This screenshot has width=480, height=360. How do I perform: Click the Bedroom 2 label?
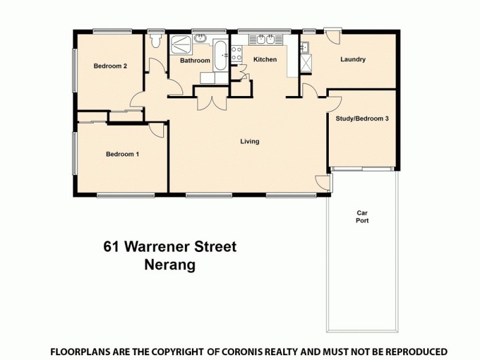[110, 67]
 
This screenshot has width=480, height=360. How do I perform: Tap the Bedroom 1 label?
[122, 154]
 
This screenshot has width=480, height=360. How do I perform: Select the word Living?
[250, 142]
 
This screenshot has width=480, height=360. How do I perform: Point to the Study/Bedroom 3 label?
[362, 119]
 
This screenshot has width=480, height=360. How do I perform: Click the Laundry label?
[353, 59]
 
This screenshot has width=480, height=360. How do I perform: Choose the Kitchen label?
[265, 59]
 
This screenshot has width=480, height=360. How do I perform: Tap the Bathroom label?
[195, 61]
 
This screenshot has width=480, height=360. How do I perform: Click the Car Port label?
[362, 217]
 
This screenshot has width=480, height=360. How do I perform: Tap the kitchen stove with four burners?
[236, 53]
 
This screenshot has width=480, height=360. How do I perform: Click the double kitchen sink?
[265, 40]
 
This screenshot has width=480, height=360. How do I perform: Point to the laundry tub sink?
[304, 47]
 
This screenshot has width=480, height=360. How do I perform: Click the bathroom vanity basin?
[200, 39]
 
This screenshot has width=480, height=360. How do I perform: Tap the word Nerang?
[170, 265]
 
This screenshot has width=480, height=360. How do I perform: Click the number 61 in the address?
[110, 247]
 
